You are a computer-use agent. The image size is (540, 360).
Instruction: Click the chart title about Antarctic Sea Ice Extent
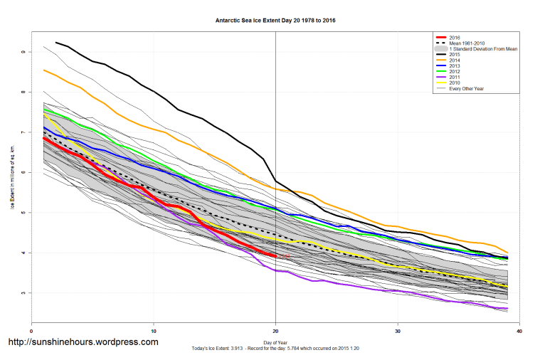[275, 21]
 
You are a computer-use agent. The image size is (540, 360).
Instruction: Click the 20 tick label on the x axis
[275, 331]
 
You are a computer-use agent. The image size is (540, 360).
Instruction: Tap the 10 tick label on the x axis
[153, 331]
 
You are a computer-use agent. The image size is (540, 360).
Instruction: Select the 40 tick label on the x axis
[520, 331]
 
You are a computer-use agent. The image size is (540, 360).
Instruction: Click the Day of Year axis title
[275, 342]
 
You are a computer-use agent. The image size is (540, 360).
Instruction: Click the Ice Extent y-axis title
[13, 173]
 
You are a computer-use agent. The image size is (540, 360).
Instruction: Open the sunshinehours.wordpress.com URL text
[83, 342]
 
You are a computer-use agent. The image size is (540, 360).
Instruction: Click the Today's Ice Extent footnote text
[275, 349]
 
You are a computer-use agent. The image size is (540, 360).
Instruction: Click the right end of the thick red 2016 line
[275, 256]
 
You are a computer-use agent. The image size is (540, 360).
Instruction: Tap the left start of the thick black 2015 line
[56, 43]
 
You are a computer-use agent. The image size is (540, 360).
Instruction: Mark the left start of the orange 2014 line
[44, 70]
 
